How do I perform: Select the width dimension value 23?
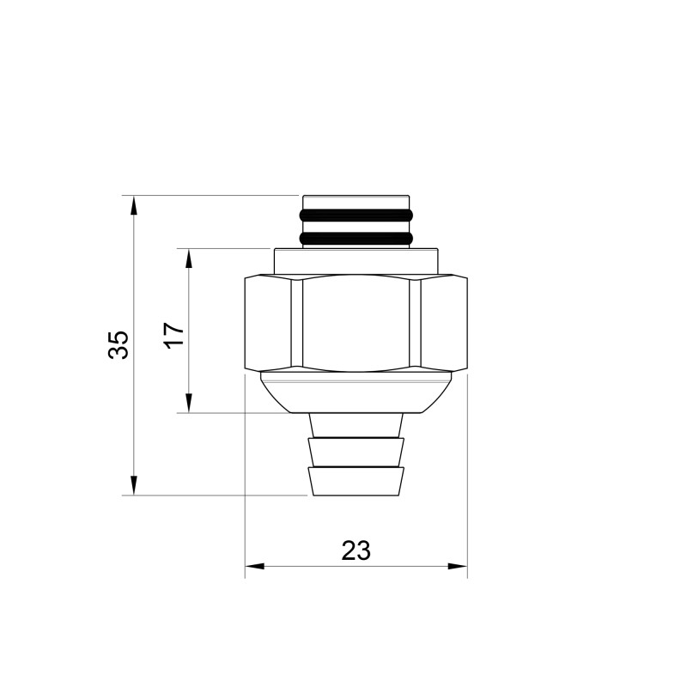point(356,550)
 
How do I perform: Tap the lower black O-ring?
point(356,236)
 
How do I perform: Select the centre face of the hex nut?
point(356,325)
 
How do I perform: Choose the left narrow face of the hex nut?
point(268,325)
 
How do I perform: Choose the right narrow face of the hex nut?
point(445,325)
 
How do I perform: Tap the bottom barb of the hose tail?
point(356,482)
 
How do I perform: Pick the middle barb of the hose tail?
point(356,452)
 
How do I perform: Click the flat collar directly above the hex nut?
point(356,261)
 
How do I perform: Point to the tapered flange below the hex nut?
point(356,395)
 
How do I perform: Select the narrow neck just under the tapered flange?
point(356,424)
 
